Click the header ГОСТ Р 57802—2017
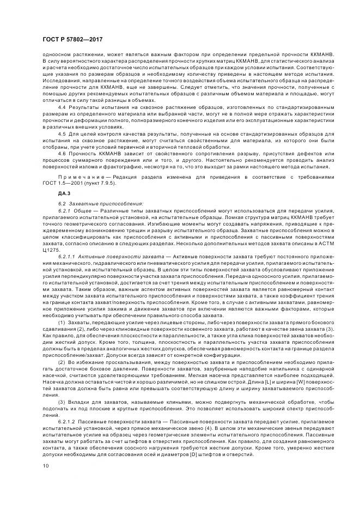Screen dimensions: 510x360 pyautogui.click(x=72, y=40)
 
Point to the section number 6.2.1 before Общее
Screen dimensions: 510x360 pyautogui.click(x=65, y=210)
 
